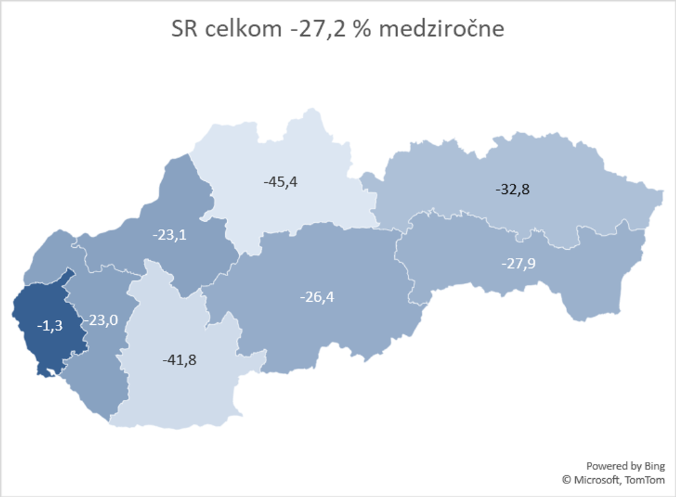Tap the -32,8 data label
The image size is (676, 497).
(x=512, y=189)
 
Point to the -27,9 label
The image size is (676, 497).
(x=518, y=263)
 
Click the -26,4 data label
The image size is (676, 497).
(x=317, y=296)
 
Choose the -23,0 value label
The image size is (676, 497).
(x=101, y=320)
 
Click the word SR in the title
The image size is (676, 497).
(x=184, y=30)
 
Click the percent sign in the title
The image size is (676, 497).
(x=362, y=30)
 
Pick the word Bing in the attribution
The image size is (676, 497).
(x=654, y=466)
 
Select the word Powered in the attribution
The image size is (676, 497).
(x=604, y=466)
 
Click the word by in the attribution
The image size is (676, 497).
(x=633, y=466)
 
